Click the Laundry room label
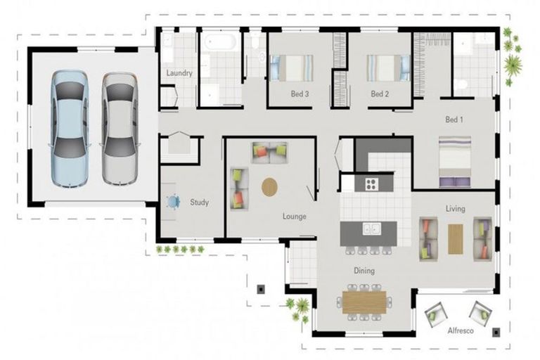coord(179,73)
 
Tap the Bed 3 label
coord(300,94)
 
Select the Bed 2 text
coord(380,94)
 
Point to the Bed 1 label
coord(454,120)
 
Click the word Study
coord(200,202)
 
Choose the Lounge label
coord(295,217)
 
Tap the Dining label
coord(364,271)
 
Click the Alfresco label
coord(461,330)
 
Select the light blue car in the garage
coord(70,129)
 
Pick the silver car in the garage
coord(120,128)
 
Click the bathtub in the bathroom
coord(220,42)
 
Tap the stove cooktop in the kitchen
coord(371,184)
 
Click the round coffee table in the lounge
coord(270,187)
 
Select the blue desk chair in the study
coord(172,202)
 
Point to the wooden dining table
coord(364,302)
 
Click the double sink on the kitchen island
coord(371,229)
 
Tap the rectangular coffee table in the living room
coord(456,239)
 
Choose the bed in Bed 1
coord(455,162)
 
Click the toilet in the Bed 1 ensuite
coord(460,84)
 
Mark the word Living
coord(456,209)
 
